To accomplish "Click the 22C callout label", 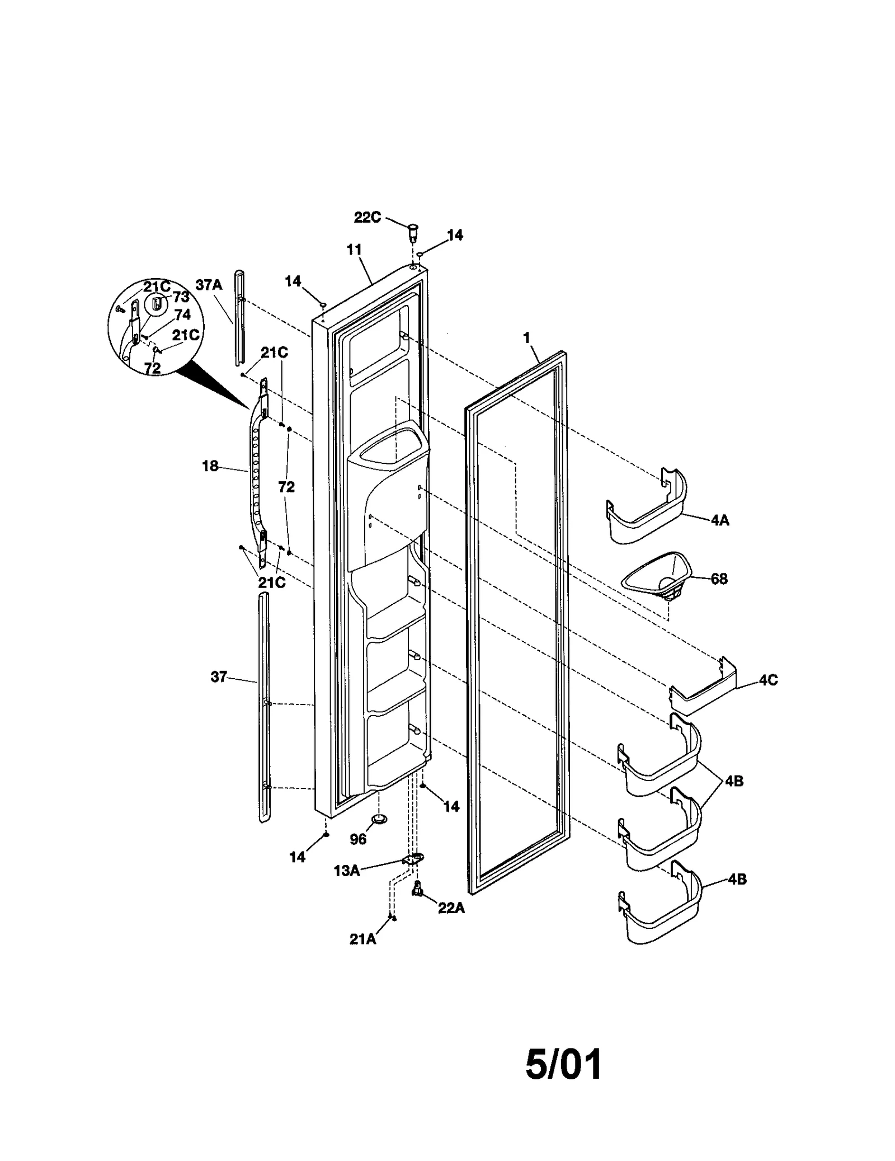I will tap(367, 217).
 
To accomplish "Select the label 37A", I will tap(209, 285).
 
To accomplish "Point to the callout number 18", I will tap(210, 466).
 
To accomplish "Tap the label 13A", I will tap(347, 871).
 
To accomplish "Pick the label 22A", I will tap(451, 908).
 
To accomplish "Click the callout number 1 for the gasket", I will tap(526, 337).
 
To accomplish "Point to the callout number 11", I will tap(354, 250).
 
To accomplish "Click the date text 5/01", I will tap(564, 1064).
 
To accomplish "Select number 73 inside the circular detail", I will tap(181, 297).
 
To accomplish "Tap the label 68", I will tap(719, 579).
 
